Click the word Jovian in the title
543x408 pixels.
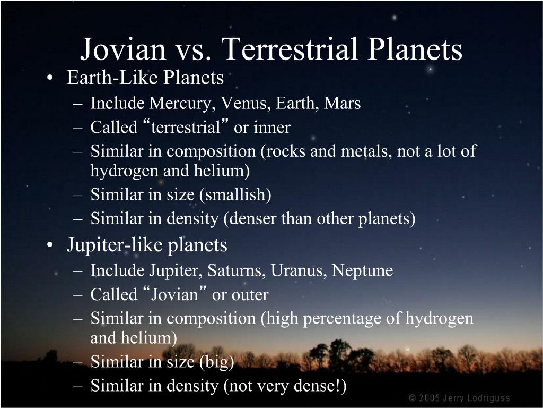123,49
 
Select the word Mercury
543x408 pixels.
180,104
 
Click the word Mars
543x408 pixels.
342,103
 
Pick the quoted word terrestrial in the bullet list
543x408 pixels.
186,127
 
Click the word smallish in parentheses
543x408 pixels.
235,194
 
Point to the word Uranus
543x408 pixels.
299,270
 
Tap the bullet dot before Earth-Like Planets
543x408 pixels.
50,78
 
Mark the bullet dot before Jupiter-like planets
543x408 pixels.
50,245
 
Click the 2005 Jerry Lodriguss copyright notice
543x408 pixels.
459,397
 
